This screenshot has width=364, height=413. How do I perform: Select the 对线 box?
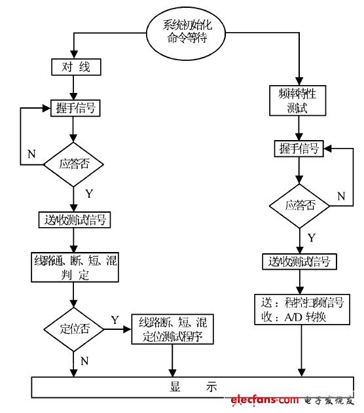pyautogui.click(x=76, y=67)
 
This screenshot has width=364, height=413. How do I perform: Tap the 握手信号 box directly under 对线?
pyautogui.click(x=76, y=108)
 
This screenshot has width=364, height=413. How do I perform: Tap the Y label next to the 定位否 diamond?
pyautogui.click(x=115, y=320)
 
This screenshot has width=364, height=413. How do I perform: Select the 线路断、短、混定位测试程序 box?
pyautogui.click(x=173, y=329)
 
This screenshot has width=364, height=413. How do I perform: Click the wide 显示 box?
pyautogui.click(x=194, y=387)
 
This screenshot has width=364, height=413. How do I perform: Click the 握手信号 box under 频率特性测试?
pyautogui.click(x=298, y=149)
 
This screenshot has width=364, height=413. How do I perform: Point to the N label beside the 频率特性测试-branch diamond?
pyautogui.click(x=340, y=196)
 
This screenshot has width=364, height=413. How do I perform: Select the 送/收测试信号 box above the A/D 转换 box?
pyautogui.click(x=300, y=262)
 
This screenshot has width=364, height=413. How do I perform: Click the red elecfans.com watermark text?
pyautogui.click(x=264, y=400)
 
